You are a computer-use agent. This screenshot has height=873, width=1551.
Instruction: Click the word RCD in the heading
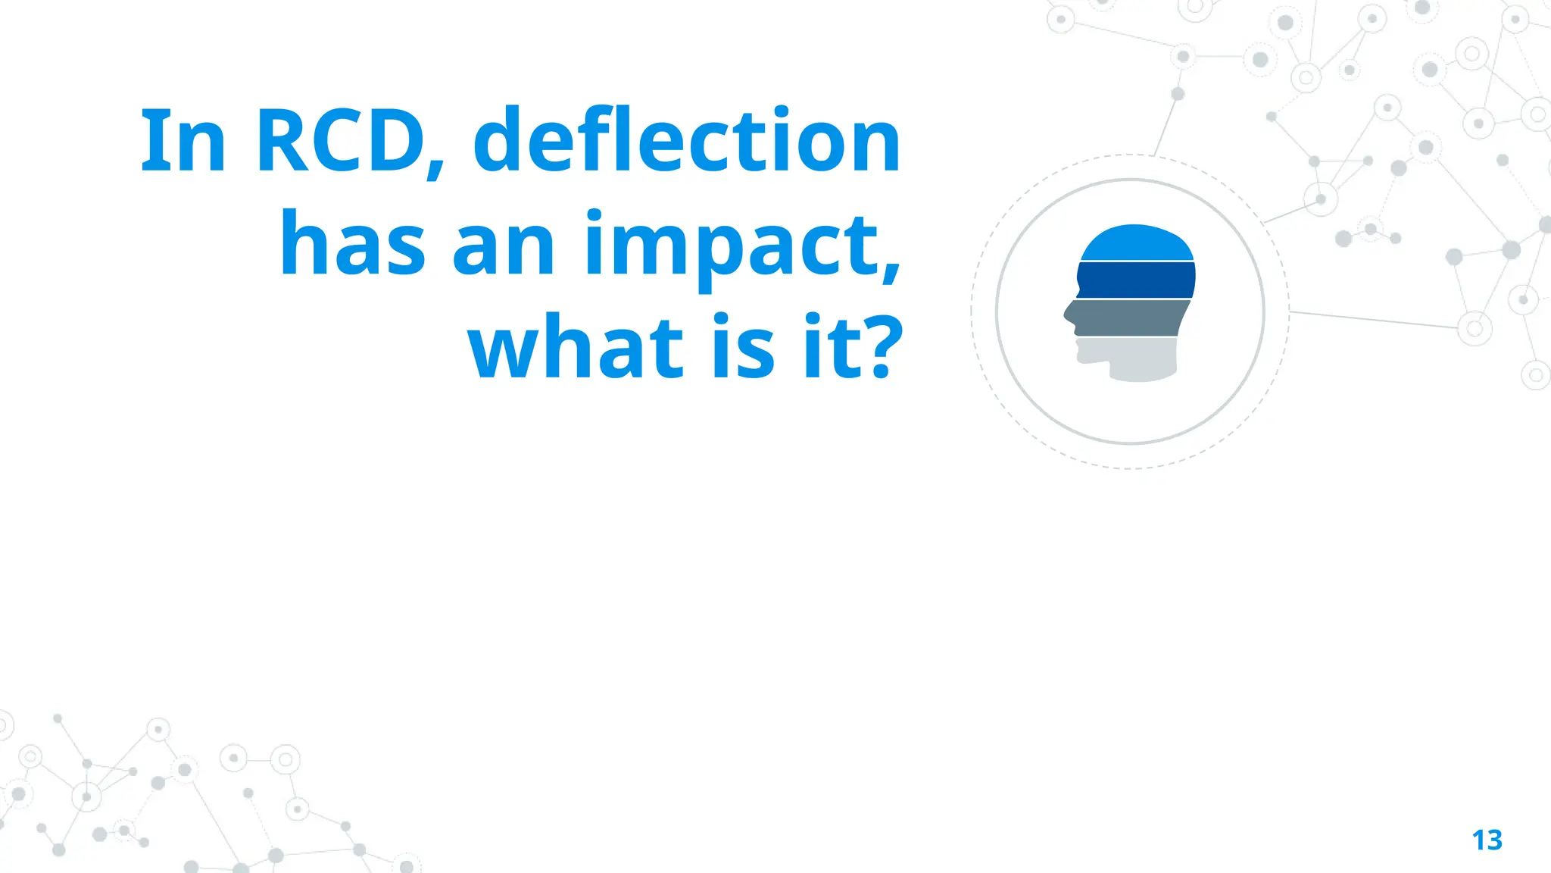341,141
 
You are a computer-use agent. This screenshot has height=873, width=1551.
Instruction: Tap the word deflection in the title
687,141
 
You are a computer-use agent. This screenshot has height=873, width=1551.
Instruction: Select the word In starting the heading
183,141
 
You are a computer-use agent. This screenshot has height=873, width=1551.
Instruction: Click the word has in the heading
352,244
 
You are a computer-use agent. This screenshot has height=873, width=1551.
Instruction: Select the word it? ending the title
853,346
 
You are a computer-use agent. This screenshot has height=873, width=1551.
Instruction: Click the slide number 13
1487,840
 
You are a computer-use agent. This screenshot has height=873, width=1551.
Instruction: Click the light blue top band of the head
1136,243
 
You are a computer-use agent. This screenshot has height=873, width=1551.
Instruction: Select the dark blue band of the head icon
1136,280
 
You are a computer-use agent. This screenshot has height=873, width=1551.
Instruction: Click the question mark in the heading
882,346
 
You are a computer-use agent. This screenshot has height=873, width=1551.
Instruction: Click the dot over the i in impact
595,215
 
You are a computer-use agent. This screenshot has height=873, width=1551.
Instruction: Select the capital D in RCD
394,141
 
